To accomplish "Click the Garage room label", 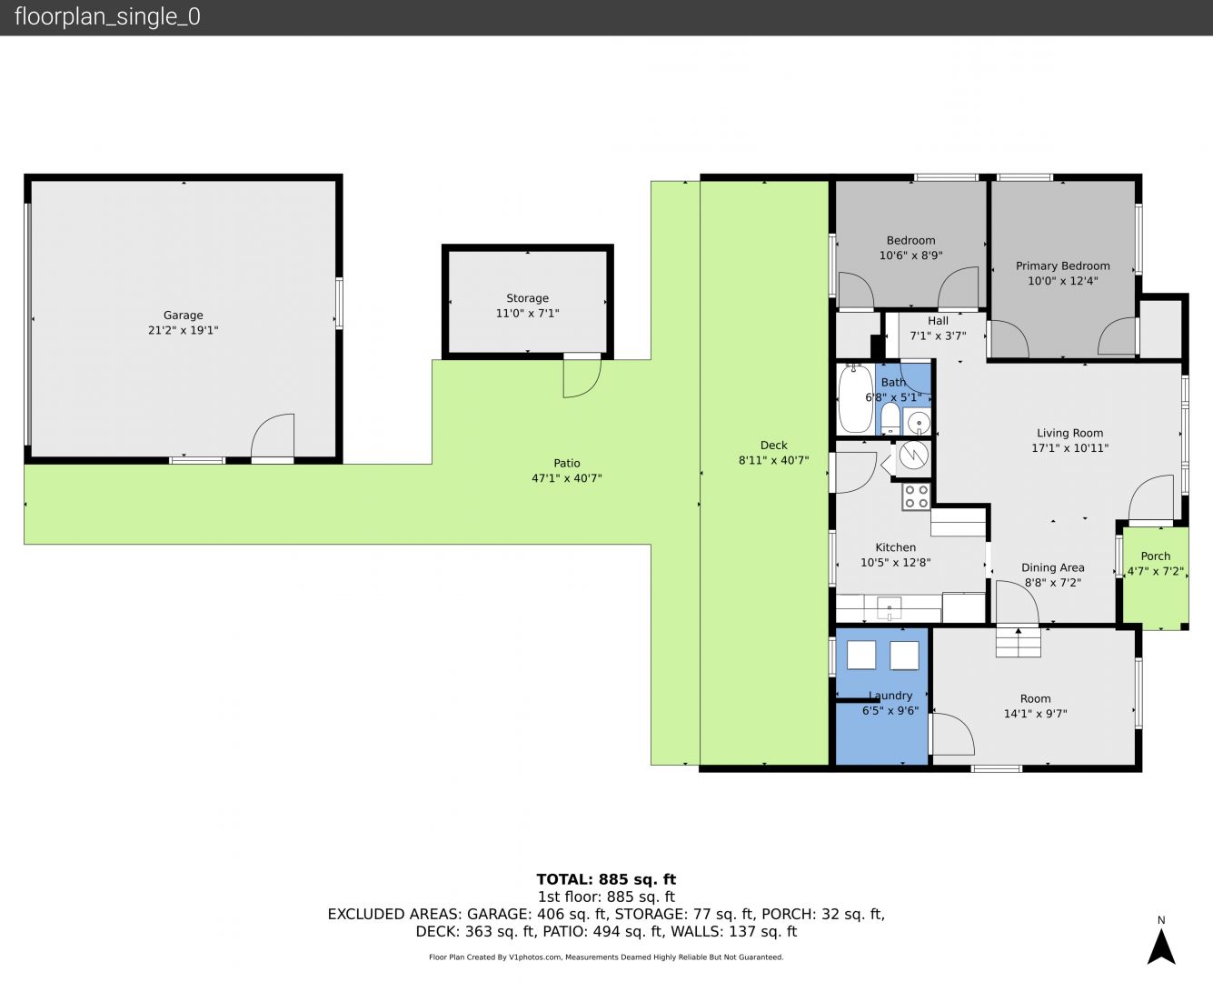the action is pos(183,316).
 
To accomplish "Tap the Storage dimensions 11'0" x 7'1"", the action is pos(527,313).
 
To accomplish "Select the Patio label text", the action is pos(567,464).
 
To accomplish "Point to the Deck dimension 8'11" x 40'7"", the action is pos(773,460).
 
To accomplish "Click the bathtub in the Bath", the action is pos(855,399).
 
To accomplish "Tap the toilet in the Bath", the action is pos(890,418).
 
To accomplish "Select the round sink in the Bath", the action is pos(918,423).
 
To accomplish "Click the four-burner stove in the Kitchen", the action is pos(916,496).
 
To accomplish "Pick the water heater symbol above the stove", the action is pos(913,456).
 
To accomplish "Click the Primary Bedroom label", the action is pos(1063,266).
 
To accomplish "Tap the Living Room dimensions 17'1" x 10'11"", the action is pos(1069,448).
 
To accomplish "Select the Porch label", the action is pos(1156,556).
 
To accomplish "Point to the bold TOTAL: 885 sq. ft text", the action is pos(606,880).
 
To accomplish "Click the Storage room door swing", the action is pos(582,377).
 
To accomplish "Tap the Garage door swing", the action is pos(273,435).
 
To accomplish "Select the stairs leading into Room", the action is pos(1019,642).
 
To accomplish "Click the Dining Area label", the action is pos(1052,567).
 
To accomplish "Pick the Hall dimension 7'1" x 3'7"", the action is pos(938,336).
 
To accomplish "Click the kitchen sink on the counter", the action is pos(889,607).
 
